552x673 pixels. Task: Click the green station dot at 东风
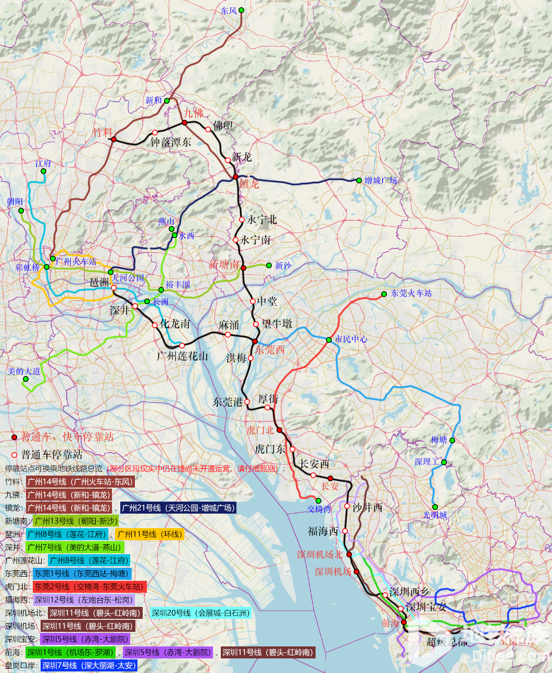(x=241, y=10)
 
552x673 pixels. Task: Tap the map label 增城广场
(x=381, y=181)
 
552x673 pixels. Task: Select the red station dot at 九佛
(x=184, y=122)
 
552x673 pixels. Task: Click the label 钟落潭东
(x=171, y=142)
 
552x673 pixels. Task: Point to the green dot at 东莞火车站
(x=384, y=294)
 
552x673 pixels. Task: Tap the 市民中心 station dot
(x=329, y=340)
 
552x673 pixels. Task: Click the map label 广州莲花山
(x=182, y=356)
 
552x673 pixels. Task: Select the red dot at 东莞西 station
(x=255, y=341)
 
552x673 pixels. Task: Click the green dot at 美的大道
(x=26, y=379)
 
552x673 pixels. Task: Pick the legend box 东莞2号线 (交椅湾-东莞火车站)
(x=89, y=587)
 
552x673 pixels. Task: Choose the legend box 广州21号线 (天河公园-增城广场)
(x=178, y=508)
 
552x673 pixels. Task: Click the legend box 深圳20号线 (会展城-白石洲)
(x=200, y=613)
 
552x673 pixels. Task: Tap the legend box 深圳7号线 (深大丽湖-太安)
(x=89, y=665)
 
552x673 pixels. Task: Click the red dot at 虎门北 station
(x=279, y=430)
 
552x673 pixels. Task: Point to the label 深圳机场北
(x=320, y=555)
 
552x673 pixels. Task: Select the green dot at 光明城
(x=435, y=507)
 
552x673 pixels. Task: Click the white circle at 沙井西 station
(x=347, y=506)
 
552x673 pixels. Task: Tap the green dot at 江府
(x=43, y=171)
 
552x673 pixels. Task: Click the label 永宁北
(x=262, y=220)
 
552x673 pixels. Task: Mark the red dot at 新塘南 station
(x=243, y=268)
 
